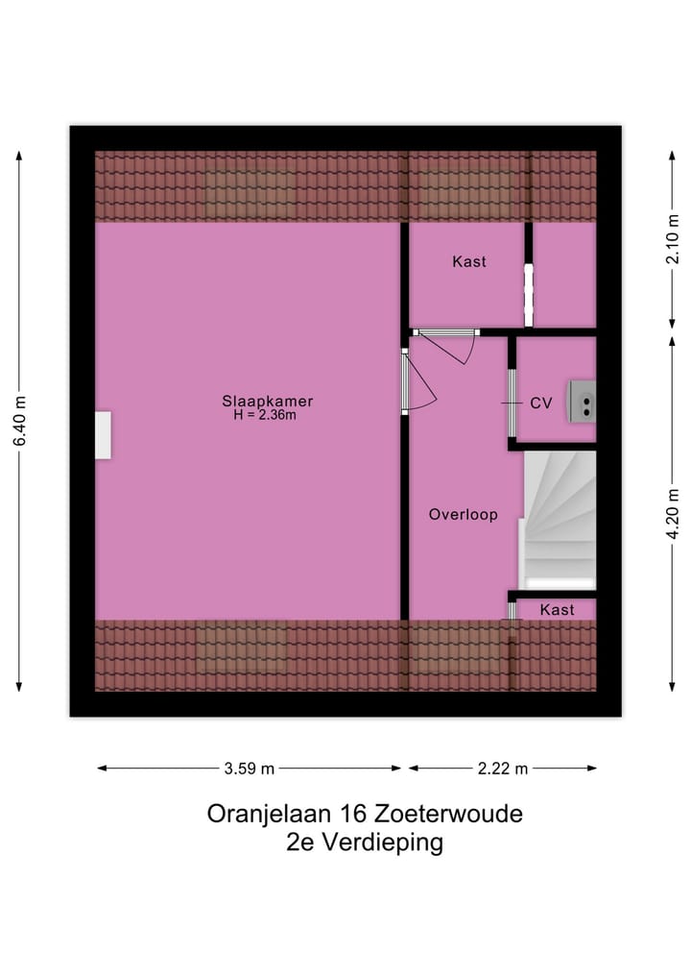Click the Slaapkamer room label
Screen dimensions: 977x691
tap(268, 402)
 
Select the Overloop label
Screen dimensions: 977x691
tap(463, 515)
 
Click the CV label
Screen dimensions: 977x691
tap(541, 403)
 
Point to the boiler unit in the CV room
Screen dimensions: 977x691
tap(582, 400)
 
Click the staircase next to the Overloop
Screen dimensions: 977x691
tap(560, 521)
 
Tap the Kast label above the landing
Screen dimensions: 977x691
tap(469, 261)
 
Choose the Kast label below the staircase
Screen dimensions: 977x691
tap(557, 610)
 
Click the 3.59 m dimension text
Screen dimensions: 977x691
tap(250, 769)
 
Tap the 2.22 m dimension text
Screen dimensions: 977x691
tap(503, 769)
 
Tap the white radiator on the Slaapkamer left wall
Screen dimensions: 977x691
tap(103, 435)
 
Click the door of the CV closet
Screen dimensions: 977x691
tap(512, 403)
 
